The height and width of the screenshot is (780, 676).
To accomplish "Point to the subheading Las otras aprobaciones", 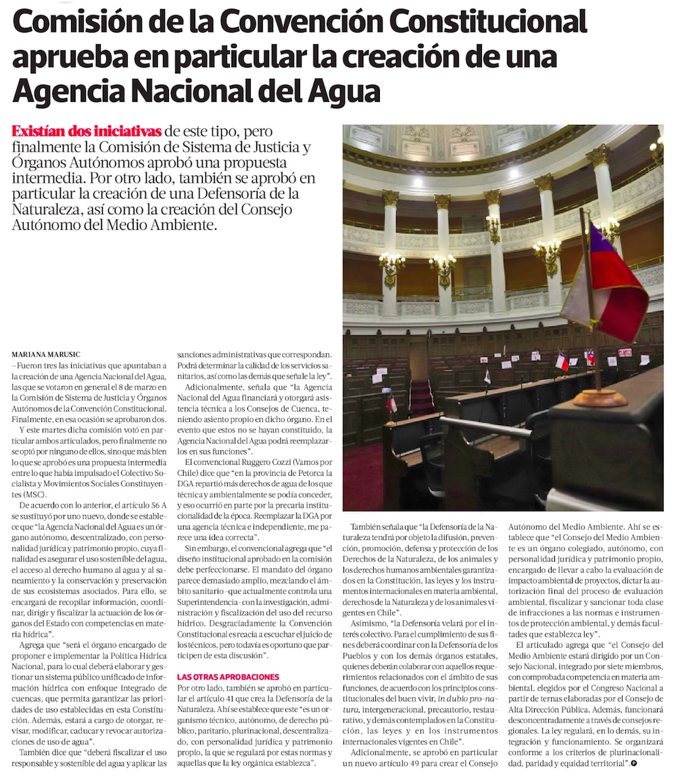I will coord(228,677).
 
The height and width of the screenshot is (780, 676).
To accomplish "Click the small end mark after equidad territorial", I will coord(633,762).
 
